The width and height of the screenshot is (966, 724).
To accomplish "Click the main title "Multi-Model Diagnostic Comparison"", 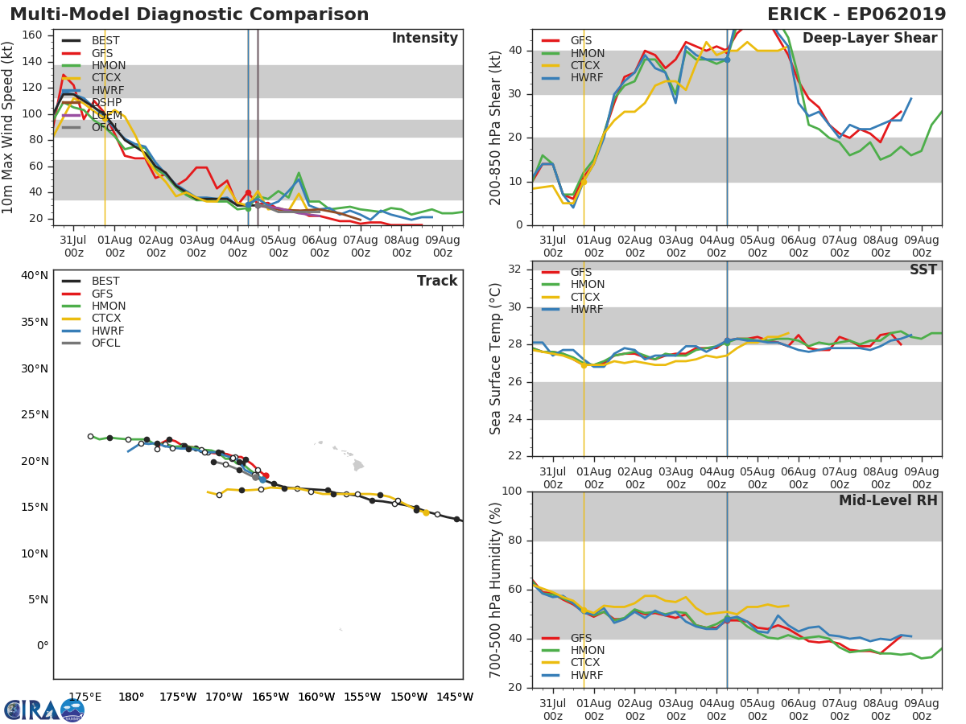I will tap(189, 14).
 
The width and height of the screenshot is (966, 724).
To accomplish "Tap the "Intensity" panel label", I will tap(424, 39).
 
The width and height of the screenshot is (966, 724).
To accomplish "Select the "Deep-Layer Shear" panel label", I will tap(869, 39).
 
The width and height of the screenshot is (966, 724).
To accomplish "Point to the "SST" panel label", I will tap(923, 270).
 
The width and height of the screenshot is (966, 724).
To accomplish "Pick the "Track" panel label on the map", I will tap(437, 281).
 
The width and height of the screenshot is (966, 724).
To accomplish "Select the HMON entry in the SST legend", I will tap(587, 285).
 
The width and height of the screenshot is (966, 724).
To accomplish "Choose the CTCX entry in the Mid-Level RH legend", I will tap(585, 663).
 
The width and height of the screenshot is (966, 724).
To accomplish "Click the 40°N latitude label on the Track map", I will tap(35, 276).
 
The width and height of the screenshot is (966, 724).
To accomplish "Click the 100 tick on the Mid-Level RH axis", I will tap(512, 492).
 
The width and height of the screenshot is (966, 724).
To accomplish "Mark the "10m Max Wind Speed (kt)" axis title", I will tap(9, 129).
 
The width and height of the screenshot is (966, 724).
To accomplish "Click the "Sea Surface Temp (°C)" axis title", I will tap(496, 358).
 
